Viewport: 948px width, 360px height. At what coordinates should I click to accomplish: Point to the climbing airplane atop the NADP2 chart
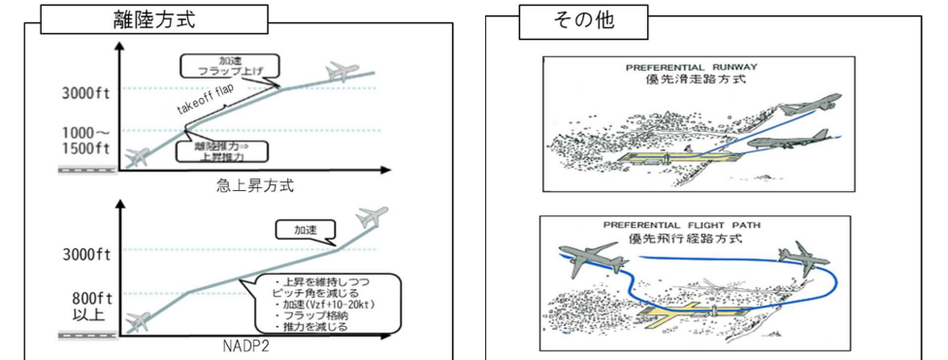click(371, 215)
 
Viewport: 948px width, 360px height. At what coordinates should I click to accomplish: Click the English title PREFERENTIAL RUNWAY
click(692, 68)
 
